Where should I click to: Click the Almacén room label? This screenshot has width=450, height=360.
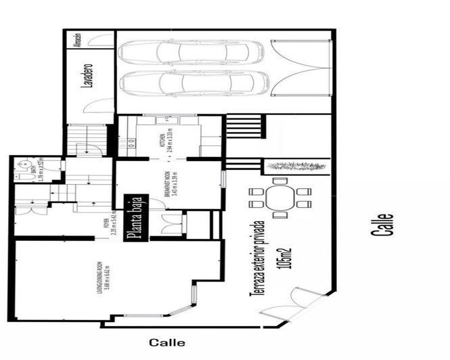78,40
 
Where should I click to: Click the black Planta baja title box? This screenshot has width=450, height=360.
135,217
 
